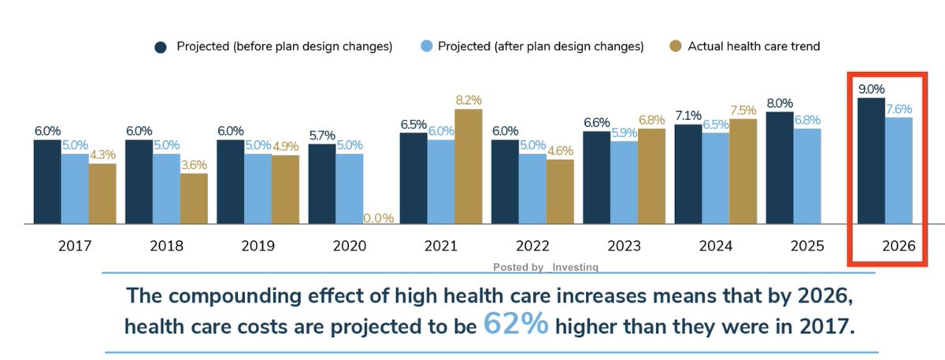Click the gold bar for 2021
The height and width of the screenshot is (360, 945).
coord(469,166)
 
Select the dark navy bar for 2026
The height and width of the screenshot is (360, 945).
coord(871,161)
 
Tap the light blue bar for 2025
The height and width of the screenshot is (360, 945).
coord(807,176)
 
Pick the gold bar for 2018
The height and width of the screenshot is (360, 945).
coord(194,199)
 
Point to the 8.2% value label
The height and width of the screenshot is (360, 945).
coord(469,101)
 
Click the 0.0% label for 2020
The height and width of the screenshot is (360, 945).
coord(378,217)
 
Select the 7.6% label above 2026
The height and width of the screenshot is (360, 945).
coord(899,109)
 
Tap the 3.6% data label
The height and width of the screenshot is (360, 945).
coord(194,165)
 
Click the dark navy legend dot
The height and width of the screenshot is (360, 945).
coord(161,47)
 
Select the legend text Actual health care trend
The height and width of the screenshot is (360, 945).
coord(754,46)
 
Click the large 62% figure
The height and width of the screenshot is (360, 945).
coord(516,324)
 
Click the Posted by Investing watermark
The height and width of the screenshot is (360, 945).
coord(546,267)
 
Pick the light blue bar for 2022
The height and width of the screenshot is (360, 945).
coord(532,188)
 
